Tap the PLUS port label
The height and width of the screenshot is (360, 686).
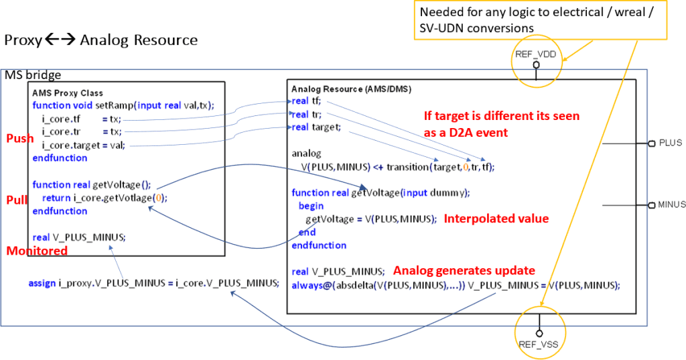point(670,143)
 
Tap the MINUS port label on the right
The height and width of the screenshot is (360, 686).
point(671,204)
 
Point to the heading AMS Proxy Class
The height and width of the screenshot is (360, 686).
point(68,93)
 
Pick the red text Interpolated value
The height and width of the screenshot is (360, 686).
point(496,219)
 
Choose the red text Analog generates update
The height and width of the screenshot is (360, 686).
point(464,271)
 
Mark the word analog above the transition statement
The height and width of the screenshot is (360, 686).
point(306,154)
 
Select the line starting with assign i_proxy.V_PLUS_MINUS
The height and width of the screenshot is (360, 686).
point(153,283)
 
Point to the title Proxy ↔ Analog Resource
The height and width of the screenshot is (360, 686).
point(100,40)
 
